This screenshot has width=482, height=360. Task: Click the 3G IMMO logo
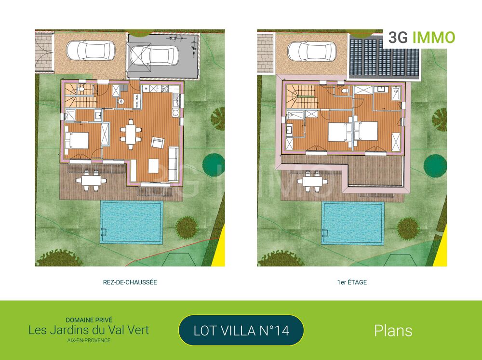[x=421, y=38]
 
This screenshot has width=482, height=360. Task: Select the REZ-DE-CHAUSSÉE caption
[x=130, y=282]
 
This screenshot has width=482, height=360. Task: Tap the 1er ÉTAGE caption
[x=352, y=282]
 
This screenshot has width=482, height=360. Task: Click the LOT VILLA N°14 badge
[x=241, y=331]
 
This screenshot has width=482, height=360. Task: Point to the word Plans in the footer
[x=393, y=331]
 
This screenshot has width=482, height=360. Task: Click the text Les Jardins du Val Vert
[x=89, y=330]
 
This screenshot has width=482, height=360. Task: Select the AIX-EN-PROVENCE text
[x=89, y=340]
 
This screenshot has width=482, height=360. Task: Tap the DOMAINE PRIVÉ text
[x=89, y=320]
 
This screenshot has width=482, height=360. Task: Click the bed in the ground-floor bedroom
[x=77, y=140]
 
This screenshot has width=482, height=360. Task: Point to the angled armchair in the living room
[x=158, y=142]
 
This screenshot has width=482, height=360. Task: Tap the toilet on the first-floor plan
[x=343, y=91]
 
